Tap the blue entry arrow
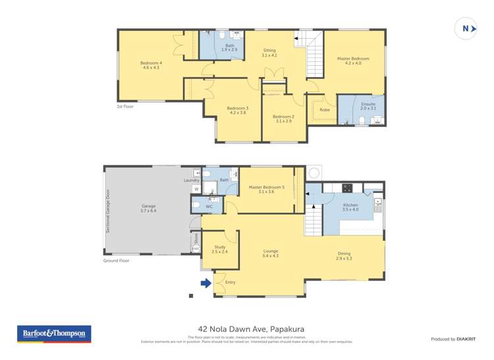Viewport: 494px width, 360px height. pyautogui.click(x=206, y=283)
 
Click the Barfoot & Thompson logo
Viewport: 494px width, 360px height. pyautogui.click(x=53, y=334)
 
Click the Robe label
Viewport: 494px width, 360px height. pyautogui.click(x=324, y=109)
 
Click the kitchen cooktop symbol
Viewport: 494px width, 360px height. pyautogui.click(x=347, y=188)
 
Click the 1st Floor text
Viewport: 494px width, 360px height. pyautogui.click(x=125, y=106)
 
